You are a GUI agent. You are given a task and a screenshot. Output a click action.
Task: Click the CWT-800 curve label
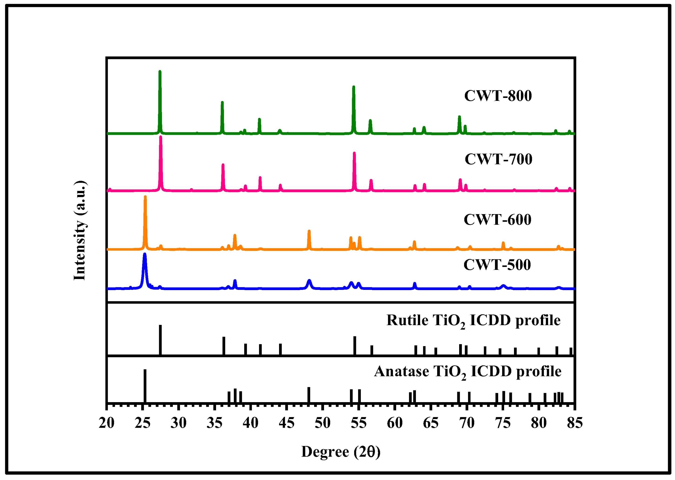pyautogui.click(x=498, y=96)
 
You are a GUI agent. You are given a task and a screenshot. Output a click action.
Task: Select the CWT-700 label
pyautogui.click(x=498, y=159)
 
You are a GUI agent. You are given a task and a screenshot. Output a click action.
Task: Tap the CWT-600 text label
pyautogui.click(x=497, y=220)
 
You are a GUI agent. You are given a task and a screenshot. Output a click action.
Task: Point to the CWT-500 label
pyautogui.click(x=497, y=265)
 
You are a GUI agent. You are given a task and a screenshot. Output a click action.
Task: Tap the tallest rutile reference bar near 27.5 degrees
pyautogui.click(x=160, y=340)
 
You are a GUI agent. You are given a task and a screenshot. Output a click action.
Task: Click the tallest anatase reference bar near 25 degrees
pyautogui.click(x=145, y=385)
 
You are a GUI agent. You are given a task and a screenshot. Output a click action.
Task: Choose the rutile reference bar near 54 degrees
pyautogui.click(x=355, y=345)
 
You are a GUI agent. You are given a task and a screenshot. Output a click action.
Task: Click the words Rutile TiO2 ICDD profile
pyautogui.click(x=473, y=321)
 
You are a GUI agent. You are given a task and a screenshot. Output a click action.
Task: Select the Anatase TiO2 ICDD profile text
pyautogui.click(x=468, y=372)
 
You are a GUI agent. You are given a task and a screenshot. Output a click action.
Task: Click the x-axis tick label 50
pyautogui.click(x=322, y=423)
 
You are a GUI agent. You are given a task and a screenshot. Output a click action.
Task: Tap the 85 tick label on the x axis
pyautogui.click(x=575, y=423)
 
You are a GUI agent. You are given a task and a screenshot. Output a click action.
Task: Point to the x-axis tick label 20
pyautogui.click(x=107, y=423)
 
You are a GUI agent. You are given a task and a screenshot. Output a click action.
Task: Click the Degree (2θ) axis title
pyautogui.click(x=341, y=452)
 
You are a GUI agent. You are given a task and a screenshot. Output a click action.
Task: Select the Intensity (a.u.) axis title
pyautogui.click(x=80, y=230)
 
